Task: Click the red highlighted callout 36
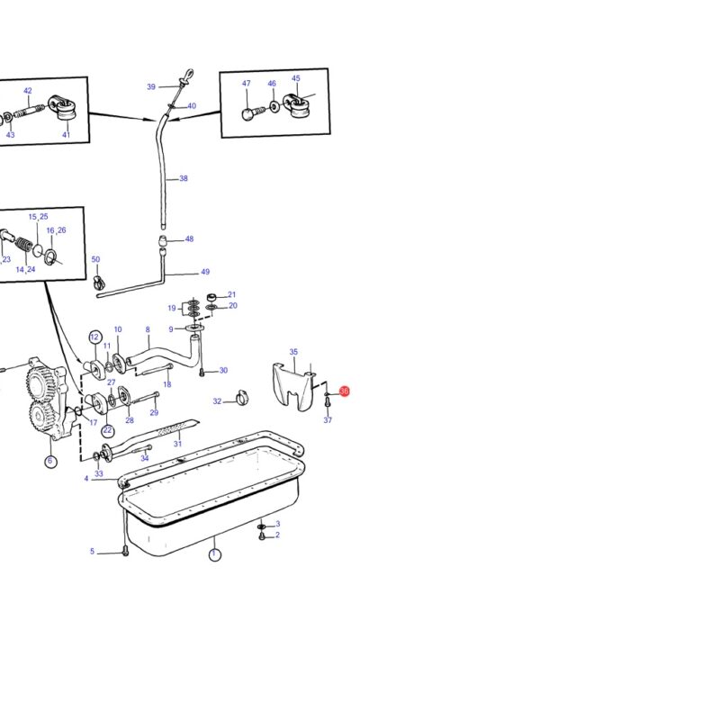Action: click(345, 391)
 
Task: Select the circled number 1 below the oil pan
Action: click(214, 554)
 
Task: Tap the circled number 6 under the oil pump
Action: click(50, 462)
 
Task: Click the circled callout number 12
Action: click(94, 337)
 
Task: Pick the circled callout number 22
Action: click(107, 430)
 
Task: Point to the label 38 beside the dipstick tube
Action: click(184, 178)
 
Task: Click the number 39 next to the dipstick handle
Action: click(151, 86)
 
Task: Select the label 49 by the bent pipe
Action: click(205, 272)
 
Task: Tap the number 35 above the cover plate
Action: click(293, 352)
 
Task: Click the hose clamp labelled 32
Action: click(241, 398)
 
